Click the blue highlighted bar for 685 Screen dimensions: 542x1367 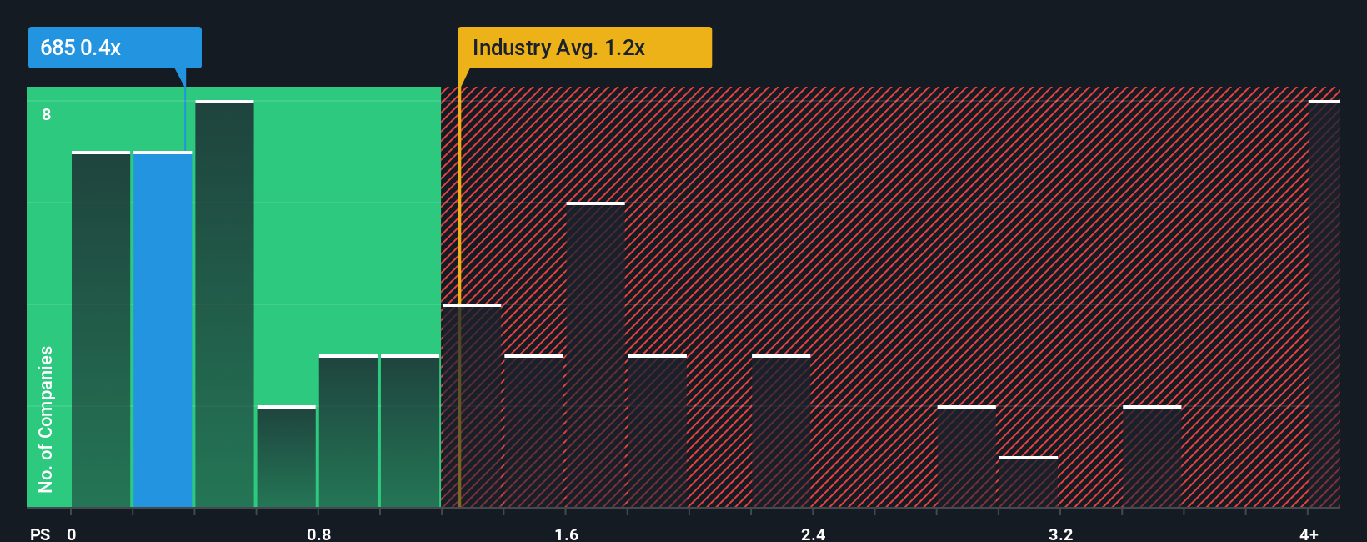163,329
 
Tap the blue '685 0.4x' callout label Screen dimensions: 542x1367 114,48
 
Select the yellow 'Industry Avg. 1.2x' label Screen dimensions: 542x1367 584,48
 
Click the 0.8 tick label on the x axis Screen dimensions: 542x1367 318,534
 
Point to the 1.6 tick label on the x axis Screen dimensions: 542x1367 566,534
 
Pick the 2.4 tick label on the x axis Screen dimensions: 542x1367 813,534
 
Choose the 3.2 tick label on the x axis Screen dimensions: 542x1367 1060,534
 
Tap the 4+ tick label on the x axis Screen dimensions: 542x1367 1309,534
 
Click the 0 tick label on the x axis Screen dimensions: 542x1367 72,534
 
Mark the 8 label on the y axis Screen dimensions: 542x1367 47,114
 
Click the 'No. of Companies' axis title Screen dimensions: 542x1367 46,419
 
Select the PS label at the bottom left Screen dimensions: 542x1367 40,534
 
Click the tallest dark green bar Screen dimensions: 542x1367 224,304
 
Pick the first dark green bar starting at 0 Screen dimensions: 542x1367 101,329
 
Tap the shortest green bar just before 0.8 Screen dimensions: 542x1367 286,457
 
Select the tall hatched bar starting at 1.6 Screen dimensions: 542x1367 595,355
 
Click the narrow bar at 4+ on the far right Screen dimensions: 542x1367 1324,304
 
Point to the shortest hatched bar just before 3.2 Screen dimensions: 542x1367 1028,482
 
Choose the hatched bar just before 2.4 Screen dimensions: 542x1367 780,431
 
